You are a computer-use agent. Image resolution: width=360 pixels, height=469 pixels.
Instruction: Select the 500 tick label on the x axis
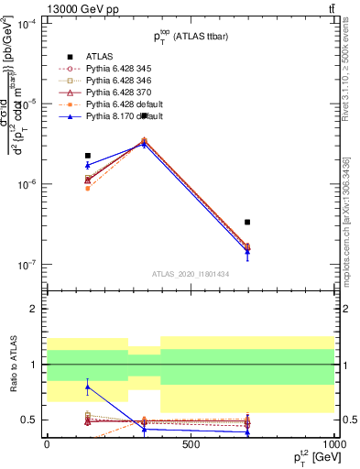click(x=191, y=443)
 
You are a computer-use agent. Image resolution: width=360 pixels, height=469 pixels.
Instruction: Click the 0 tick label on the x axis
click(x=47, y=443)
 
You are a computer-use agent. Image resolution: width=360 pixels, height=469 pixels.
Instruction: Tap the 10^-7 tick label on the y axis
click(x=27, y=265)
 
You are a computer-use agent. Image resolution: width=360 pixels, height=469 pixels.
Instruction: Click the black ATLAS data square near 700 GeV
click(x=247, y=222)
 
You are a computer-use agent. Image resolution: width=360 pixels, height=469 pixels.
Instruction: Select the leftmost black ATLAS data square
click(x=87, y=156)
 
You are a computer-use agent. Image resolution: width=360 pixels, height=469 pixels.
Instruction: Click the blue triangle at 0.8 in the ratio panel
click(x=87, y=387)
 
